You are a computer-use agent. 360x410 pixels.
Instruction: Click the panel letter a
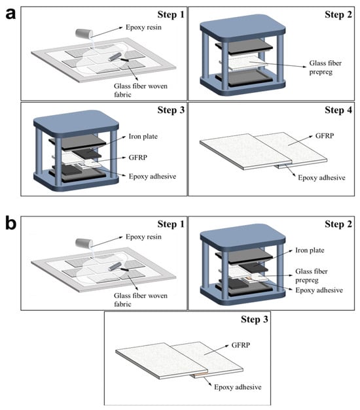click(x=10, y=14)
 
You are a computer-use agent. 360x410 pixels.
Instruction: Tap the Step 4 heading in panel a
click(x=338, y=110)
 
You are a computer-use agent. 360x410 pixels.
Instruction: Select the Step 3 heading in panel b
click(x=255, y=319)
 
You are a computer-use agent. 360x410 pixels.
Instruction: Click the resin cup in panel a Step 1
click(x=84, y=33)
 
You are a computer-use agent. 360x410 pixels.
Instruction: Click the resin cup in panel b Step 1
click(x=84, y=243)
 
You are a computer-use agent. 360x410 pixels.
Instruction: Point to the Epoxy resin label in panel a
click(x=143, y=27)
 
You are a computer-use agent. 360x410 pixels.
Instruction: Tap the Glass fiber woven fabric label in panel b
click(x=141, y=299)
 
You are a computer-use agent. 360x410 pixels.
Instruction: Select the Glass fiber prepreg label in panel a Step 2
click(x=325, y=67)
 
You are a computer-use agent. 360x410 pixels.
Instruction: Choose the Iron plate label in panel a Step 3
click(x=143, y=136)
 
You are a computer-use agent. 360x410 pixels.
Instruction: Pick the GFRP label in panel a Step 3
click(x=137, y=158)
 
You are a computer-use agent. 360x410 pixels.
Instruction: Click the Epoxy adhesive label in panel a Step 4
click(x=321, y=178)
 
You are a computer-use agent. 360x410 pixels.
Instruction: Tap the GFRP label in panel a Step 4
click(x=325, y=136)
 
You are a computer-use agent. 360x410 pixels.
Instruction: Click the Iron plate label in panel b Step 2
click(x=310, y=250)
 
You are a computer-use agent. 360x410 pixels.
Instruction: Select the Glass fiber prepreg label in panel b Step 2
click(x=312, y=275)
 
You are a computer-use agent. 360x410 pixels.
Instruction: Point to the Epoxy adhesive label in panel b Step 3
click(x=238, y=387)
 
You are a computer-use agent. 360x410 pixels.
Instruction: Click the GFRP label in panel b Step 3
click(x=241, y=345)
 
